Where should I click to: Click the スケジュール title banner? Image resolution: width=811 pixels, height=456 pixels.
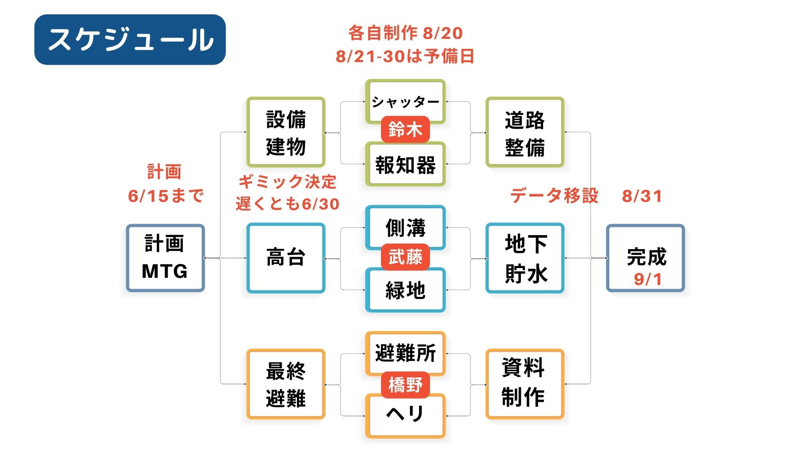(130, 40)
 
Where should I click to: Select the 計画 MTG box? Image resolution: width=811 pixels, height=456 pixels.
(165, 258)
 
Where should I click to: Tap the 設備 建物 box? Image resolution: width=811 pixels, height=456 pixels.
(286, 133)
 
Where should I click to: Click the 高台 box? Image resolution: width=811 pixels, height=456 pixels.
(286, 258)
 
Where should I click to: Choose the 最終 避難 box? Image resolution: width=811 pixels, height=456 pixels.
(286, 384)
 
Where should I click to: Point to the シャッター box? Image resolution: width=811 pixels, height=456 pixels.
(405, 101)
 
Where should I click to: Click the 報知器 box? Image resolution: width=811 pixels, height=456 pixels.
(405, 165)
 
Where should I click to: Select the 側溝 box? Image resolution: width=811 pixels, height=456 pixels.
(405, 227)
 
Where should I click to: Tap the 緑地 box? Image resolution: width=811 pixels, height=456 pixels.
(405, 290)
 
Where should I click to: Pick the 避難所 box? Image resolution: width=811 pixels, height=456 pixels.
(405, 353)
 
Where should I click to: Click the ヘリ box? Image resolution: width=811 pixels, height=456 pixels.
(405, 415)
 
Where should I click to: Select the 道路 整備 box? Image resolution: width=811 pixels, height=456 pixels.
(525, 133)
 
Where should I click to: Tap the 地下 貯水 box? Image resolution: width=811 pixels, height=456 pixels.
(525, 258)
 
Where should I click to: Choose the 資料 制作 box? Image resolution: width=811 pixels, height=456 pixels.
(525, 384)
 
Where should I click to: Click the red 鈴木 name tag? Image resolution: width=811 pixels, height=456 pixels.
(405, 129)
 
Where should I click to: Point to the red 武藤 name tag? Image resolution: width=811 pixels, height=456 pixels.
(405, 257)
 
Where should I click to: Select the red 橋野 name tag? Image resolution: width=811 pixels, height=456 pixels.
(405, 385)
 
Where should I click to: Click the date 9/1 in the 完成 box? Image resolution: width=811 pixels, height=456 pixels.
(647, 279)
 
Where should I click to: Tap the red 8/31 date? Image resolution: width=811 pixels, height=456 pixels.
(642, 196)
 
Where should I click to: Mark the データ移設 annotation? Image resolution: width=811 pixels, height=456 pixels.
(554, 196)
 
